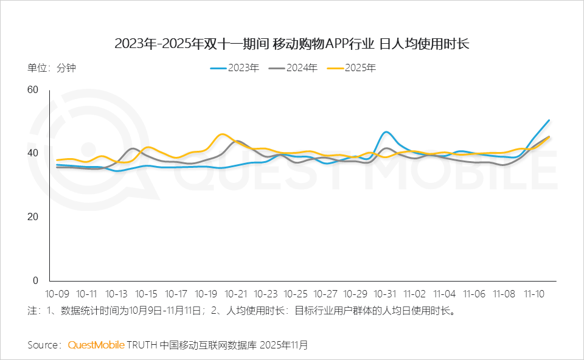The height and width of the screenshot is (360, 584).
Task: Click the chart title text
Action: pos(292,44)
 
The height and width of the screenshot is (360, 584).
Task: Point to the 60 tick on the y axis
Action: pos(32,90)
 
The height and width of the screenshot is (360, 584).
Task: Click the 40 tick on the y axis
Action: pos(32,153)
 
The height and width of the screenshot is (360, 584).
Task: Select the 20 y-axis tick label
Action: pos(32,217)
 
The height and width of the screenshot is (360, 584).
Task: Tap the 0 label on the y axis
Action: pos(35,281)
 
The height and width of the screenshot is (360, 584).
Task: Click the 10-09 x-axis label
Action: pos(58,294)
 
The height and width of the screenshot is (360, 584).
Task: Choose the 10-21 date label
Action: pos(237,294)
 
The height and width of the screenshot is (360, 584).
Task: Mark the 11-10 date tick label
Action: pos(535,294)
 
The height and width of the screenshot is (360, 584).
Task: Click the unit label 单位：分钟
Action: pos(52,68)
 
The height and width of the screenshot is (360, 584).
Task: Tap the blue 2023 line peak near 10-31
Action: pos(386,132)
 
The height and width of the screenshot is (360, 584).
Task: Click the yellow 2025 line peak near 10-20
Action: pos(223,134)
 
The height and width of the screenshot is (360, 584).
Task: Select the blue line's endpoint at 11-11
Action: pos(549,120)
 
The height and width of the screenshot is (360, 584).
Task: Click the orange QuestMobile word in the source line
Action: pos(96,345)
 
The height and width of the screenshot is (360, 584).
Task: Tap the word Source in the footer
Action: pos(43,345)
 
